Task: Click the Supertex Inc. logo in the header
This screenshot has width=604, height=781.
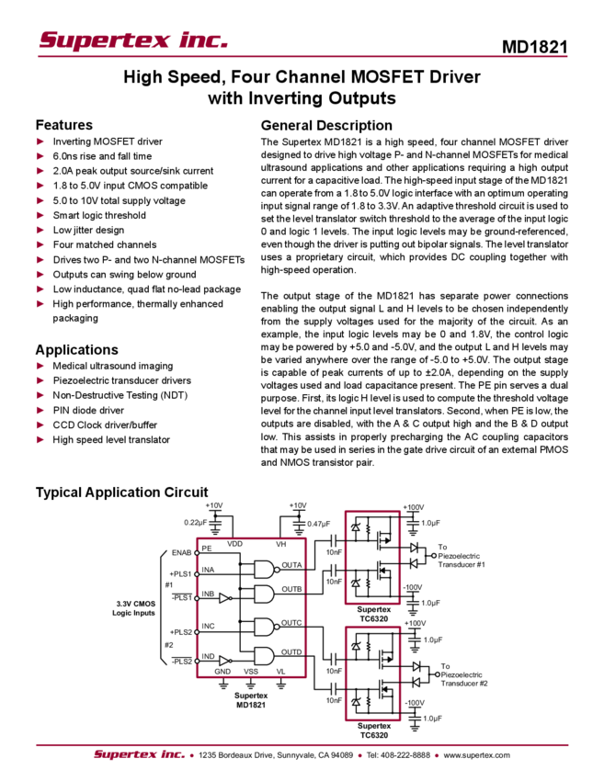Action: tap(133, 39)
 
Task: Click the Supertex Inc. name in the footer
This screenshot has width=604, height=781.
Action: tap(139, 755)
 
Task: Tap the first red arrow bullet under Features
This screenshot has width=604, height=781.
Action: tap(40, 141)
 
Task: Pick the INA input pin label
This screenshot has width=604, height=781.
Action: tap(209, 572)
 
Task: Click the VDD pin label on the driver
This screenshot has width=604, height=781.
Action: tap(235, 544)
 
